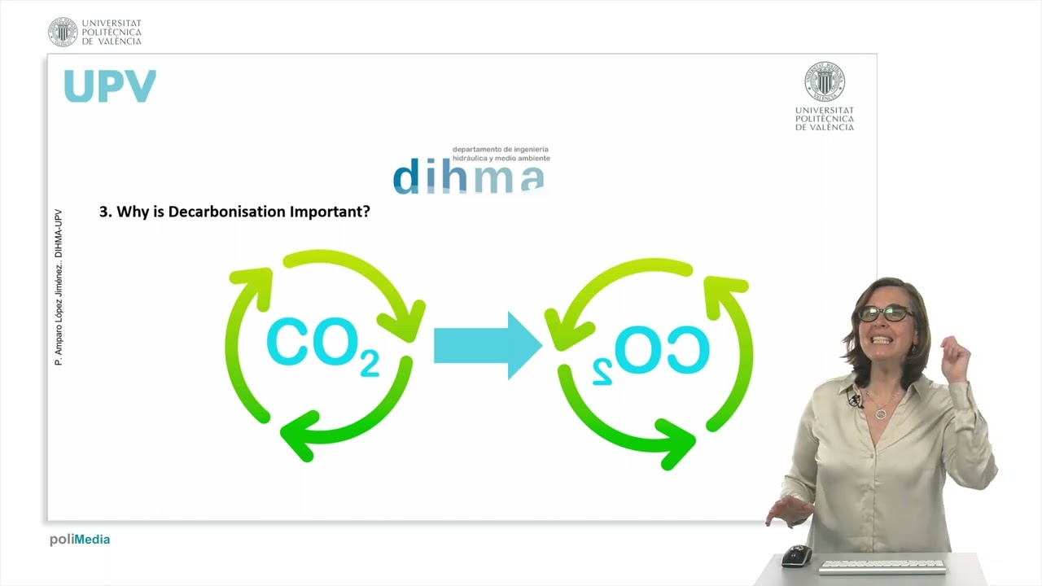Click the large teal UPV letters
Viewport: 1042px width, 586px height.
click(110, 86)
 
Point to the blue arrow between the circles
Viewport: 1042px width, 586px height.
click(487, 345)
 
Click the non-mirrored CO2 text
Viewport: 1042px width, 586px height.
click(322, 345)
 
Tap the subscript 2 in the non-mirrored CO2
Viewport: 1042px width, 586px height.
click(369, 365)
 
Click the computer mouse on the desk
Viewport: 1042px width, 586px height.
click(796, 556)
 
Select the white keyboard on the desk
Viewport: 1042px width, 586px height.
click(882, 565)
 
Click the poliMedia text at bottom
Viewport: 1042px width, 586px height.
click(80, 540)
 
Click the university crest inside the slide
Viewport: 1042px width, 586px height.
click(825, 81)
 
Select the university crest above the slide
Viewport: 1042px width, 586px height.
click(63, 32)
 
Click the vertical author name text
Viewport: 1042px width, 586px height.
click(59, 287)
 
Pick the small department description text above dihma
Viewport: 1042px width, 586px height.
click(501, 154)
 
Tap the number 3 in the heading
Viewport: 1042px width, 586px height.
click(103, 212)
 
